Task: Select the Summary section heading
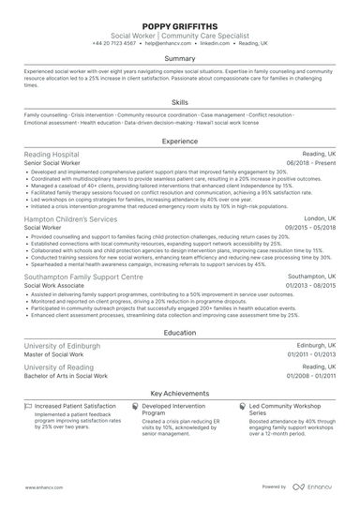[179, 58]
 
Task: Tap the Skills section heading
[179, 102]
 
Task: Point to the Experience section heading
[179, 142]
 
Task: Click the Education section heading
[179, 333]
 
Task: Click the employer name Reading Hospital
[52, 155]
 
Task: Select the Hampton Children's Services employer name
[71, 218]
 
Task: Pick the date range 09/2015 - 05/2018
[309, 228]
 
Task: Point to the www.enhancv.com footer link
[43, 487]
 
